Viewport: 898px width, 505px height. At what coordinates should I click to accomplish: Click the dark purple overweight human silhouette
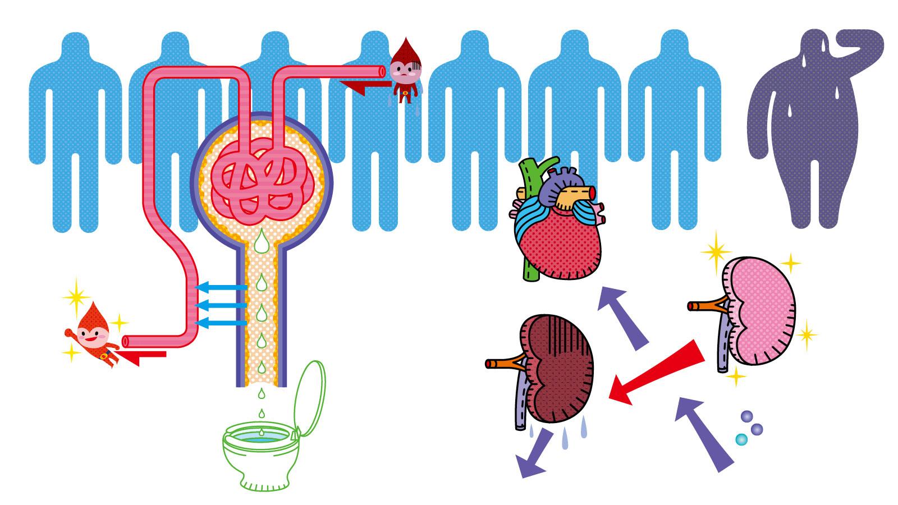point(808,140)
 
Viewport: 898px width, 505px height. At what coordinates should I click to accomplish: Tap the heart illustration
point(558,236)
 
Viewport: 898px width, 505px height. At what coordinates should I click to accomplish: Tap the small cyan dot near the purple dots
point(741,439)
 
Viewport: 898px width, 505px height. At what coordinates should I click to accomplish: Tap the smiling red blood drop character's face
point(90,337)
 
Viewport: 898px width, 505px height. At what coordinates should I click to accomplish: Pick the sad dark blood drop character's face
point(403,70)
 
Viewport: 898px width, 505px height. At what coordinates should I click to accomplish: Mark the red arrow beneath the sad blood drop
point(365,86)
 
